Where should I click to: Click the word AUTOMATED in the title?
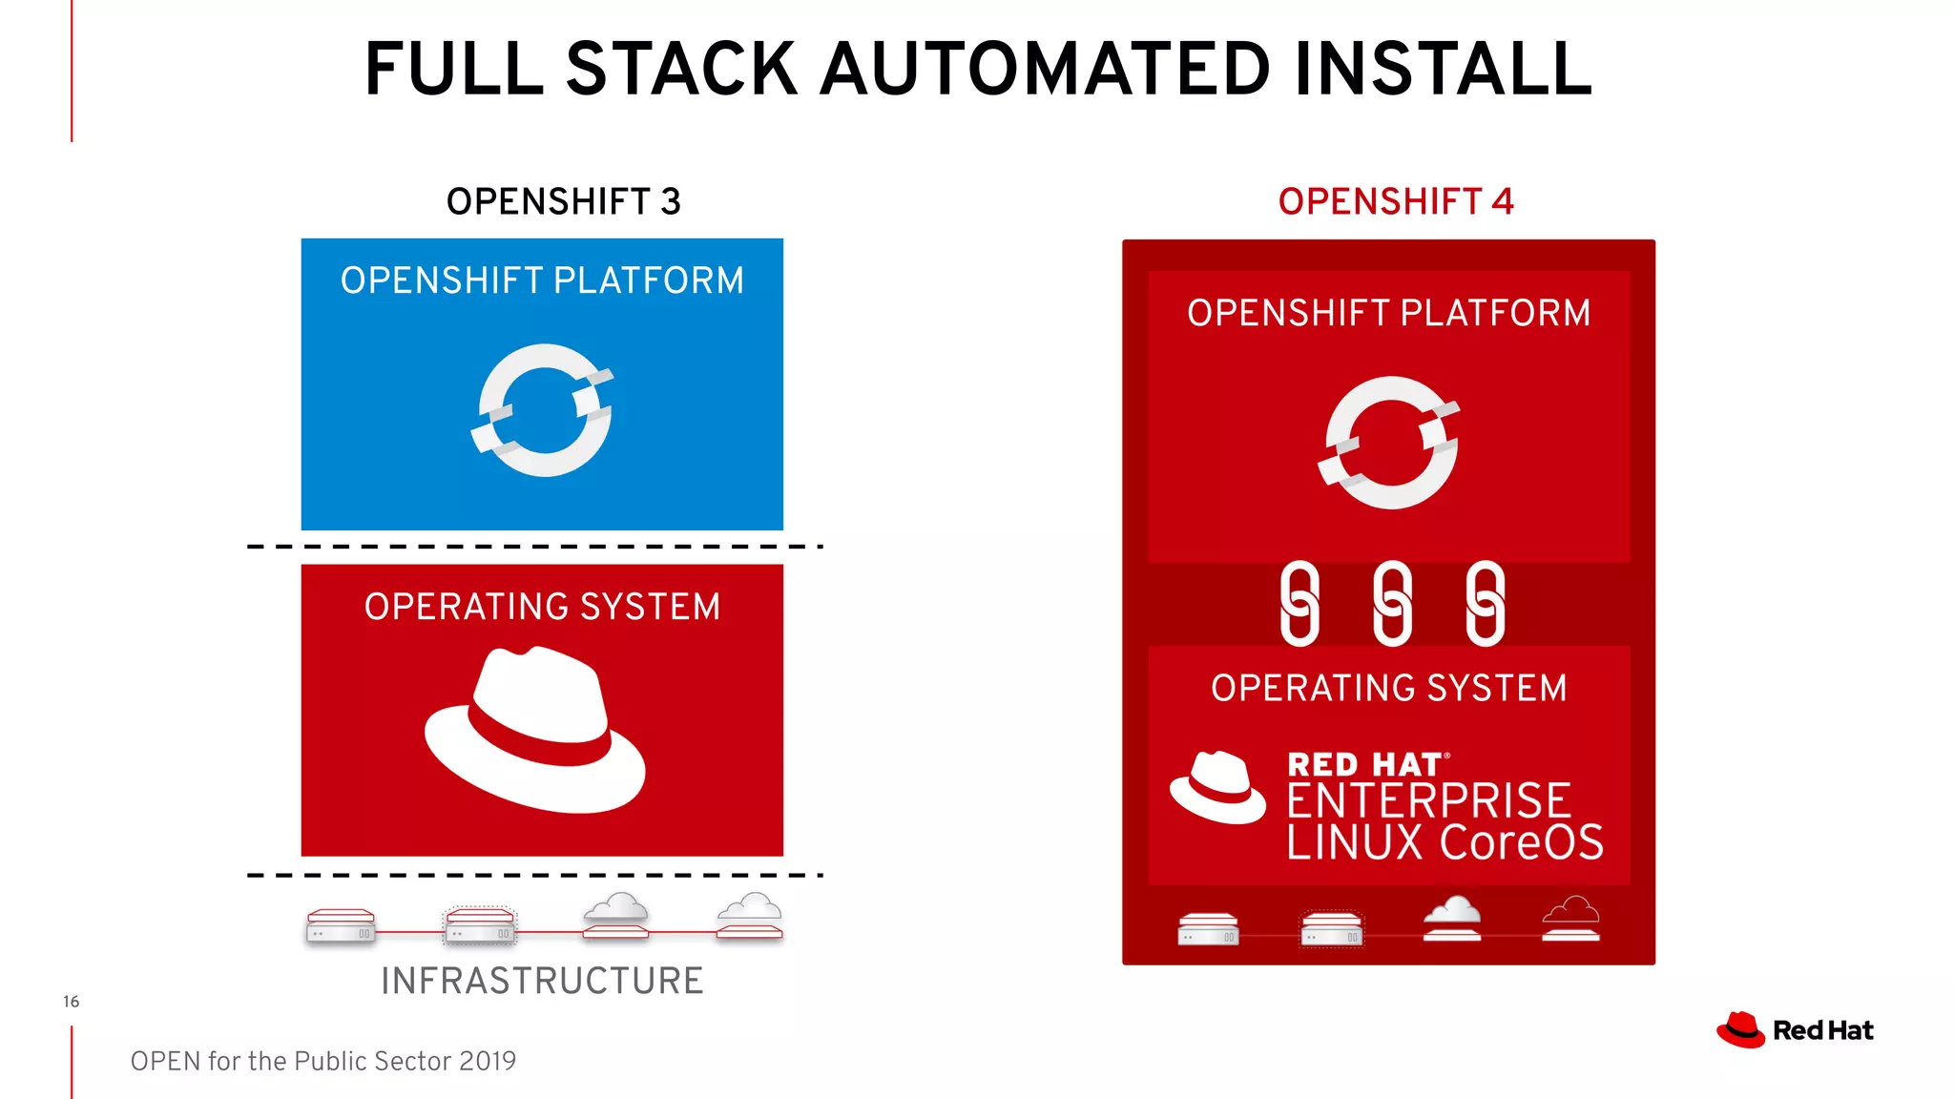pos(1045,70)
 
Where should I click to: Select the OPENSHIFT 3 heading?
pos(563,201)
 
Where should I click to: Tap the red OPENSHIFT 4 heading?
pos(1395,201)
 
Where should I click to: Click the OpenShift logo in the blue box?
pos(543,410)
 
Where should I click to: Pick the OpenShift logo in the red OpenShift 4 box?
pos(1390,443)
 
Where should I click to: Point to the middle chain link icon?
pos(1392,603)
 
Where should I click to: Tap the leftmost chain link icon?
pos(1299,603)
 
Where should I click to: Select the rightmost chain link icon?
pos(1485,603)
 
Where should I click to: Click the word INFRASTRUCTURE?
pos(542,981)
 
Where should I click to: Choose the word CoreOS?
pos(1521,842)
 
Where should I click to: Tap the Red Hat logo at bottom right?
pos(1795,1030)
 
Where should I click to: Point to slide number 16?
pos(71,1002)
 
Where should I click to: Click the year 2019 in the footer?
pos(487,1061)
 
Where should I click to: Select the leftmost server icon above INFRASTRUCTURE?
pos(341,925)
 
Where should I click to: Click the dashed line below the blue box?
pos(534,547)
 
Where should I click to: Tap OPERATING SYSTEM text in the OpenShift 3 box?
pos(542,607)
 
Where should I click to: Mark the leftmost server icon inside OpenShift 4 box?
pos(1208,928)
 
